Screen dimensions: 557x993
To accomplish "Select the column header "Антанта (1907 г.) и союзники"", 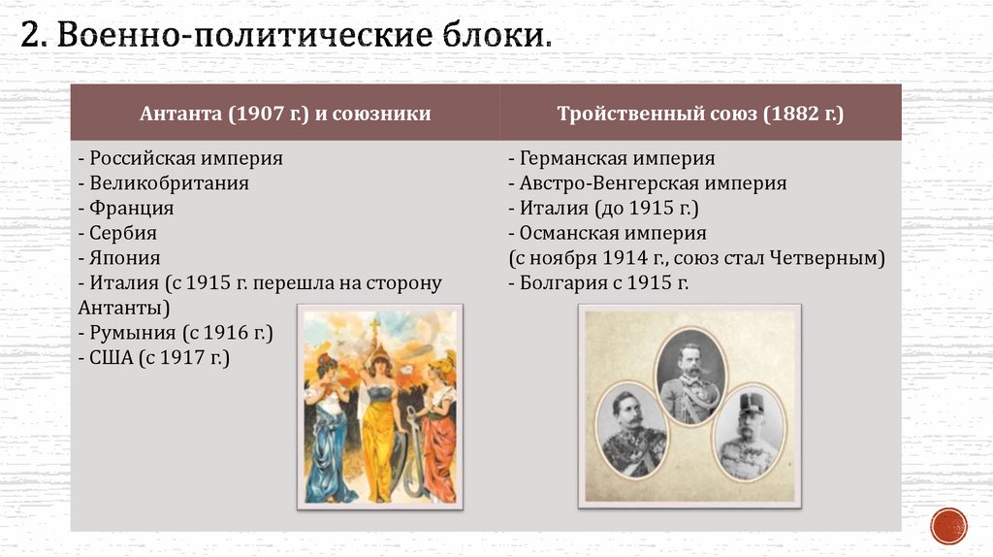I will [x=285, y=114].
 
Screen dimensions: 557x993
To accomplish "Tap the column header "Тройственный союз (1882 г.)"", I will [x=700, y=114].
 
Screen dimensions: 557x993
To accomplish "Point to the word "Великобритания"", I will [x=170, y=183].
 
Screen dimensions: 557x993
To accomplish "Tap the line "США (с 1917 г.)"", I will [x=154, y=359].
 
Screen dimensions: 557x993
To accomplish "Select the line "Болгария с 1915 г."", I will [x=598, y=283].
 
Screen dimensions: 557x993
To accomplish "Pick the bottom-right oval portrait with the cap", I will [x=749, y=435].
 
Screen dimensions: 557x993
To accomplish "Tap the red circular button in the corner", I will [x=948, y=525].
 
